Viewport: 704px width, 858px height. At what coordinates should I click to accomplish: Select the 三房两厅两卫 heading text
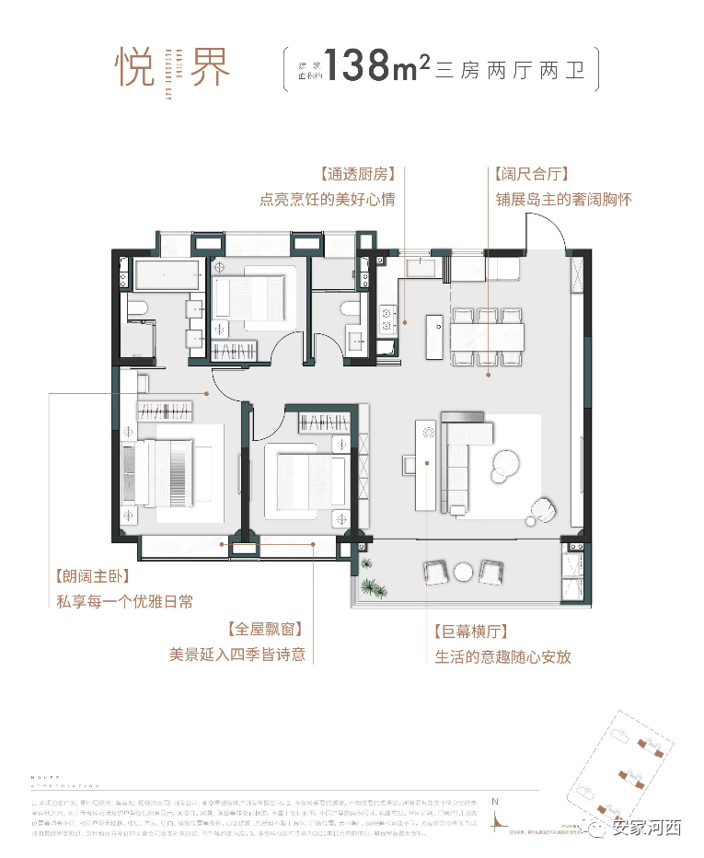512,69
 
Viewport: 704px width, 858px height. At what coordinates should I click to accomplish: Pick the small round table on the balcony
464,573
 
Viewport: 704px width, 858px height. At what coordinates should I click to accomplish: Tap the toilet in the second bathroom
347,307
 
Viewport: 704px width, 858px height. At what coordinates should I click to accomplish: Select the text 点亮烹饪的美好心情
327,199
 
